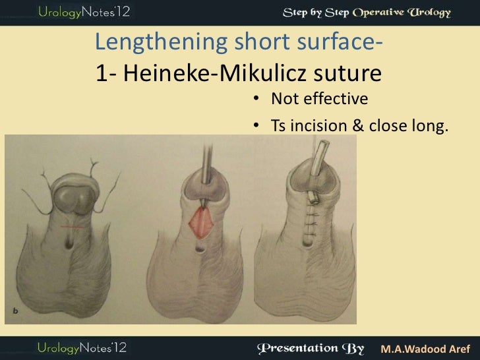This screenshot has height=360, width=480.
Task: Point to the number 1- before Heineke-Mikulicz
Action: tap(105, 73)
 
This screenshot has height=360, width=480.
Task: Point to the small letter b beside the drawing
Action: tap(15, 309)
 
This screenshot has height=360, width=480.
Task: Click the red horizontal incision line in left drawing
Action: tap(73, 226)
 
